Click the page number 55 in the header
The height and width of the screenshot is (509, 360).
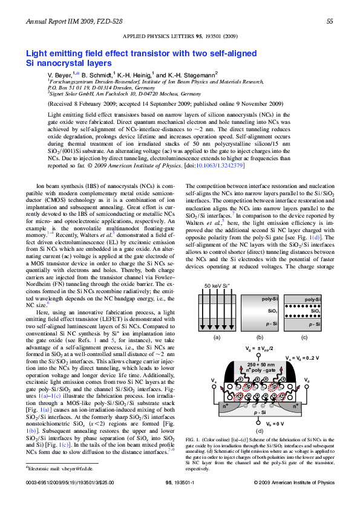pos(330,22)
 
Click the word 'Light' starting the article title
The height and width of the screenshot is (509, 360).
pos(38,54)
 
